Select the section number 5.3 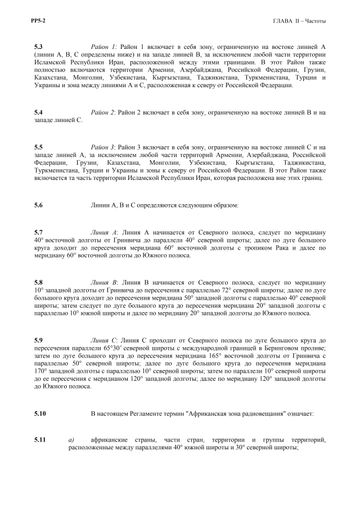pyautogui.click(x=39, y=45)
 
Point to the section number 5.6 pyautogui.click(x=39, y=205)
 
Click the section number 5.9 pyautogui.click(x=39, y=341)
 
